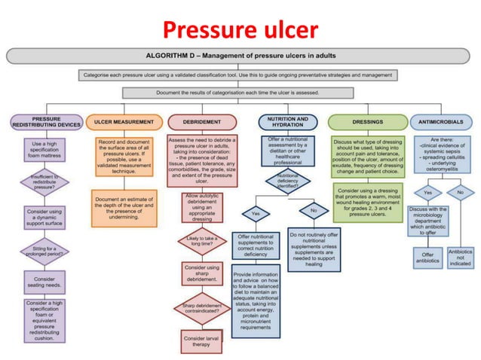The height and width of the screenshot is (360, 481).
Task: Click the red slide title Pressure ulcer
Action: (x=240, y=29)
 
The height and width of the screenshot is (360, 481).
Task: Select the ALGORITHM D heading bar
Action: (x=240, y=56)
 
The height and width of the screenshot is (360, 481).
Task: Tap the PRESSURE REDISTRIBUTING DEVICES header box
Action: (x=47, y=121)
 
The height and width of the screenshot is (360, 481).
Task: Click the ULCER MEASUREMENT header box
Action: (x=124, y=121)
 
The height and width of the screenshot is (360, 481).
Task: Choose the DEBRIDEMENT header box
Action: (x=201, y=121)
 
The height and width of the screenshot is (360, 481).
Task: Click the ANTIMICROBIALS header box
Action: (x=441, y=121)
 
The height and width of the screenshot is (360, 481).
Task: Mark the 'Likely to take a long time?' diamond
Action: (x=201, y=241)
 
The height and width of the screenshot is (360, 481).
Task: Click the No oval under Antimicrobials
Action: (x=459, y=191)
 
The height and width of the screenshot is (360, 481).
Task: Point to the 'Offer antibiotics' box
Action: (x=427, y=256)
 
